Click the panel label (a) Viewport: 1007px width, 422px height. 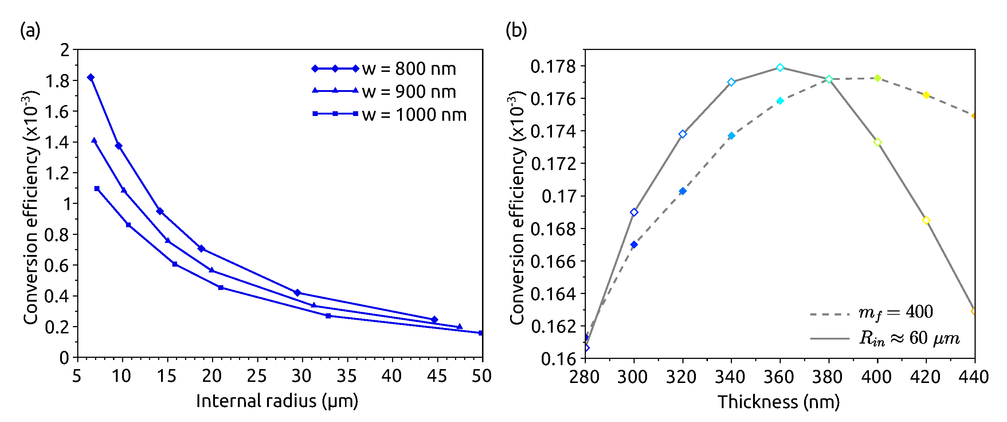click(x=30, y=31)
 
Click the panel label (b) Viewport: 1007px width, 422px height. click(x=516, y=31)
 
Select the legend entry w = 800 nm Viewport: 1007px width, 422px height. click(x=409, y=69)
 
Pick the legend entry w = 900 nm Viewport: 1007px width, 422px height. click(x=409, y=92)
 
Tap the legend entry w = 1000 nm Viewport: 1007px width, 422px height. click(x=414, y=115)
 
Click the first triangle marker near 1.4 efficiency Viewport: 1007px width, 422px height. click(x=94, y=140)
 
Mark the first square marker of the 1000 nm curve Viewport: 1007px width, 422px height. click(x=97, y=189)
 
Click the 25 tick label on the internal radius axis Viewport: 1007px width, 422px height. click(x=257, y=376)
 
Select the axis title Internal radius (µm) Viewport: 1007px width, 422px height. click(x=277, y=401)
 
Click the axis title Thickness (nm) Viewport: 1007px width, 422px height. click(x=779, y=402)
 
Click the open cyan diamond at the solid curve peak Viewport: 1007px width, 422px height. click(x=780, y=67)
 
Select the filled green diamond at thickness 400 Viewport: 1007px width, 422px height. click(x=878, y=78)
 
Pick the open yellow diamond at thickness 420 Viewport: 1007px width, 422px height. click(x=926, y=220)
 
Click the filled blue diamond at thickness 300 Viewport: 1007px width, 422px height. click(x=634, y=245)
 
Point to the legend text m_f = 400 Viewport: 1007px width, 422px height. click(x=895, y=312)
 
